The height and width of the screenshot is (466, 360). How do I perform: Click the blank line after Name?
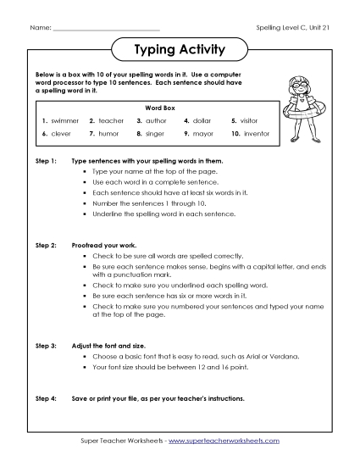pos(105,31)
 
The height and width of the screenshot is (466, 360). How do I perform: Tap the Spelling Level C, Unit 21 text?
pos(291,29)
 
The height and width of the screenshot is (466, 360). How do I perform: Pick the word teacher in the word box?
pos(111,121)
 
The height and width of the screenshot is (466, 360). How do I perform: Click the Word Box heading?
pos(158,108)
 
